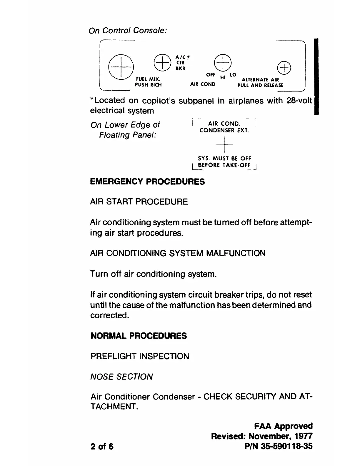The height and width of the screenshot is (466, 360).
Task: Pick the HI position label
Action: pyautogui.click(x=223, y=77)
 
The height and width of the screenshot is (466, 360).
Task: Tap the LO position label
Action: pyautogui.click(x=233, y=75)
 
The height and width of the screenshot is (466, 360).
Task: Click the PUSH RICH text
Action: pyautogui.click(x=148, y=85)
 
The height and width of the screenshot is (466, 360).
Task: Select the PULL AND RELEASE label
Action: pyautogui.click(x=260, y=85)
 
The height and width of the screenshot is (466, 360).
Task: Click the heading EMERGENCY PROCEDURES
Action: pyautogui.click(x=147, y=182)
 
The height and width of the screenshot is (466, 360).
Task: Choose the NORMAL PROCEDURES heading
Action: pyautogui.click(x=139, y=336)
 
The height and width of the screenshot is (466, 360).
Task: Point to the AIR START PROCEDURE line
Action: pyautogui.click(x=139, y=202)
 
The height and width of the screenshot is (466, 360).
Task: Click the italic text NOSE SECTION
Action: pyautogui.click(x=121, y=377)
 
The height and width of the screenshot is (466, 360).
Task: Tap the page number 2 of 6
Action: pyautogui.click(x=102, y=446)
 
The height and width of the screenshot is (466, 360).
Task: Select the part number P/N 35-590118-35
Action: pyautogui.click(x=279, y=446)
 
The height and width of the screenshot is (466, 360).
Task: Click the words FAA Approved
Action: pyautogui.click(x=283, y=426)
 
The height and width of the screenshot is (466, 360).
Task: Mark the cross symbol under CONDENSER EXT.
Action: pyautogui.click(x=224, y=144)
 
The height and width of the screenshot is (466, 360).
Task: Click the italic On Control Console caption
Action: pyautogui.click(x=128, y=31)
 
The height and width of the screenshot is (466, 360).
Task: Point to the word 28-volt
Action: pyautogui.click(x=299, y=101)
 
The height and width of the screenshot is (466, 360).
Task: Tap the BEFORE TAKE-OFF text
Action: pyautogui.click(x=224, y=165)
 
